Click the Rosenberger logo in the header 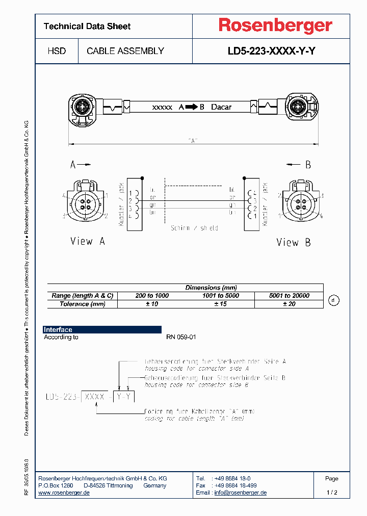(x=275, y=25)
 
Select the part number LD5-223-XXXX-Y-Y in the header (x=275, y=51)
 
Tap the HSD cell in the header (x=57, y=51)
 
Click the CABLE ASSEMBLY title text (x=125, y=51)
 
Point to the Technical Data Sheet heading (x=87, y=26)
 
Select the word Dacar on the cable (x=221, y=107)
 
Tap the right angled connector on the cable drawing (x=301, y=108)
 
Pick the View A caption (x=88, y=242)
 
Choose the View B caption (x=293, y=243)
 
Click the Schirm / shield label (x=194, y=228)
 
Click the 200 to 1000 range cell (x=152, y=296)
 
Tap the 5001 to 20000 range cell (x=289, y=296)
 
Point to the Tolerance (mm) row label (x=83, y=304)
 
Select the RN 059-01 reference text (x=181, y=337)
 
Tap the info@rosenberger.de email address (x=240, y=493)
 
